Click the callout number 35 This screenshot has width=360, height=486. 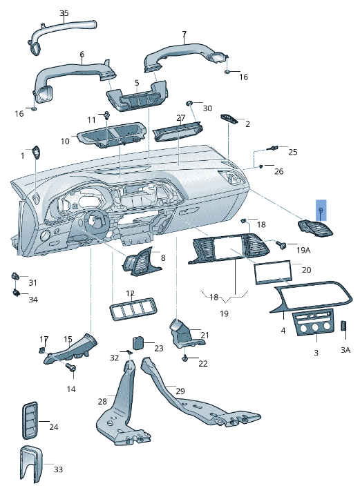(64, 13)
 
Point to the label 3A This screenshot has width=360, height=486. (345, 350)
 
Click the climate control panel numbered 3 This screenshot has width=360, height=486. (315, 324)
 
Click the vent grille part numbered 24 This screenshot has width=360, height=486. (30, 419)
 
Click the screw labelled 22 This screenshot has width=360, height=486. (186, 358)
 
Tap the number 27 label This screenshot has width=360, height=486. (180, 118)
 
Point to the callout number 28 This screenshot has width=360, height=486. (102, 401)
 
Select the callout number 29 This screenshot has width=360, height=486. (180, 391)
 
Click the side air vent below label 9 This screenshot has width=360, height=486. (316, 229)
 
